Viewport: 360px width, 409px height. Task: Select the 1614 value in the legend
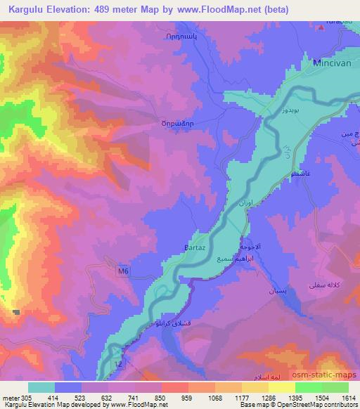pos(347,397)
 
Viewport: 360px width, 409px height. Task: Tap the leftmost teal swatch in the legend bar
pos(42,387)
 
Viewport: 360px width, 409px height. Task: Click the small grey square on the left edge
pos(16,311)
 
